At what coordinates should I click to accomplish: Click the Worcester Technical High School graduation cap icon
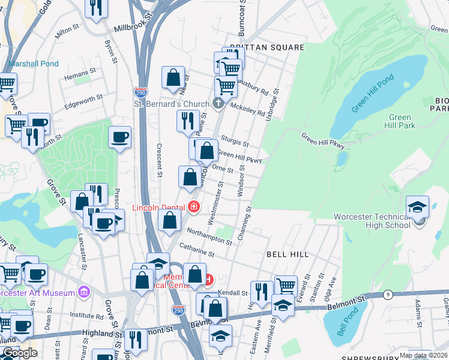pyautogui.click(x=418, y=206)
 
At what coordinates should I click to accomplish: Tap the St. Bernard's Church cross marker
pyautogui.click(x=218, y=104)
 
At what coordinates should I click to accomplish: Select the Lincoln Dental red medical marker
pyautogui.click(x=194, y=208)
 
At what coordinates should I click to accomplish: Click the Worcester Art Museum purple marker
pyautogui.click(x=83, y=292)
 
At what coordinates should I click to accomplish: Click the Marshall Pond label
pyautogui.click(x=34, y=64)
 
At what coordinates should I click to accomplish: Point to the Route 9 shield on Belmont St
pyautogui.click(x=388, y=295)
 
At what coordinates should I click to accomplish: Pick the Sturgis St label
pyautogui.click(x=235, y=142)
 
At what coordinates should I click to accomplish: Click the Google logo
pyautogui.click(x=20, y=353)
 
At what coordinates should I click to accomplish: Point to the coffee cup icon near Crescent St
pyautogui.click(x=119, y=137)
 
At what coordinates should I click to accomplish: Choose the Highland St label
pyautogui.click(x=98, y=333)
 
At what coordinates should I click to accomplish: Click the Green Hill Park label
pyautogui.click(x=400, y=121)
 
